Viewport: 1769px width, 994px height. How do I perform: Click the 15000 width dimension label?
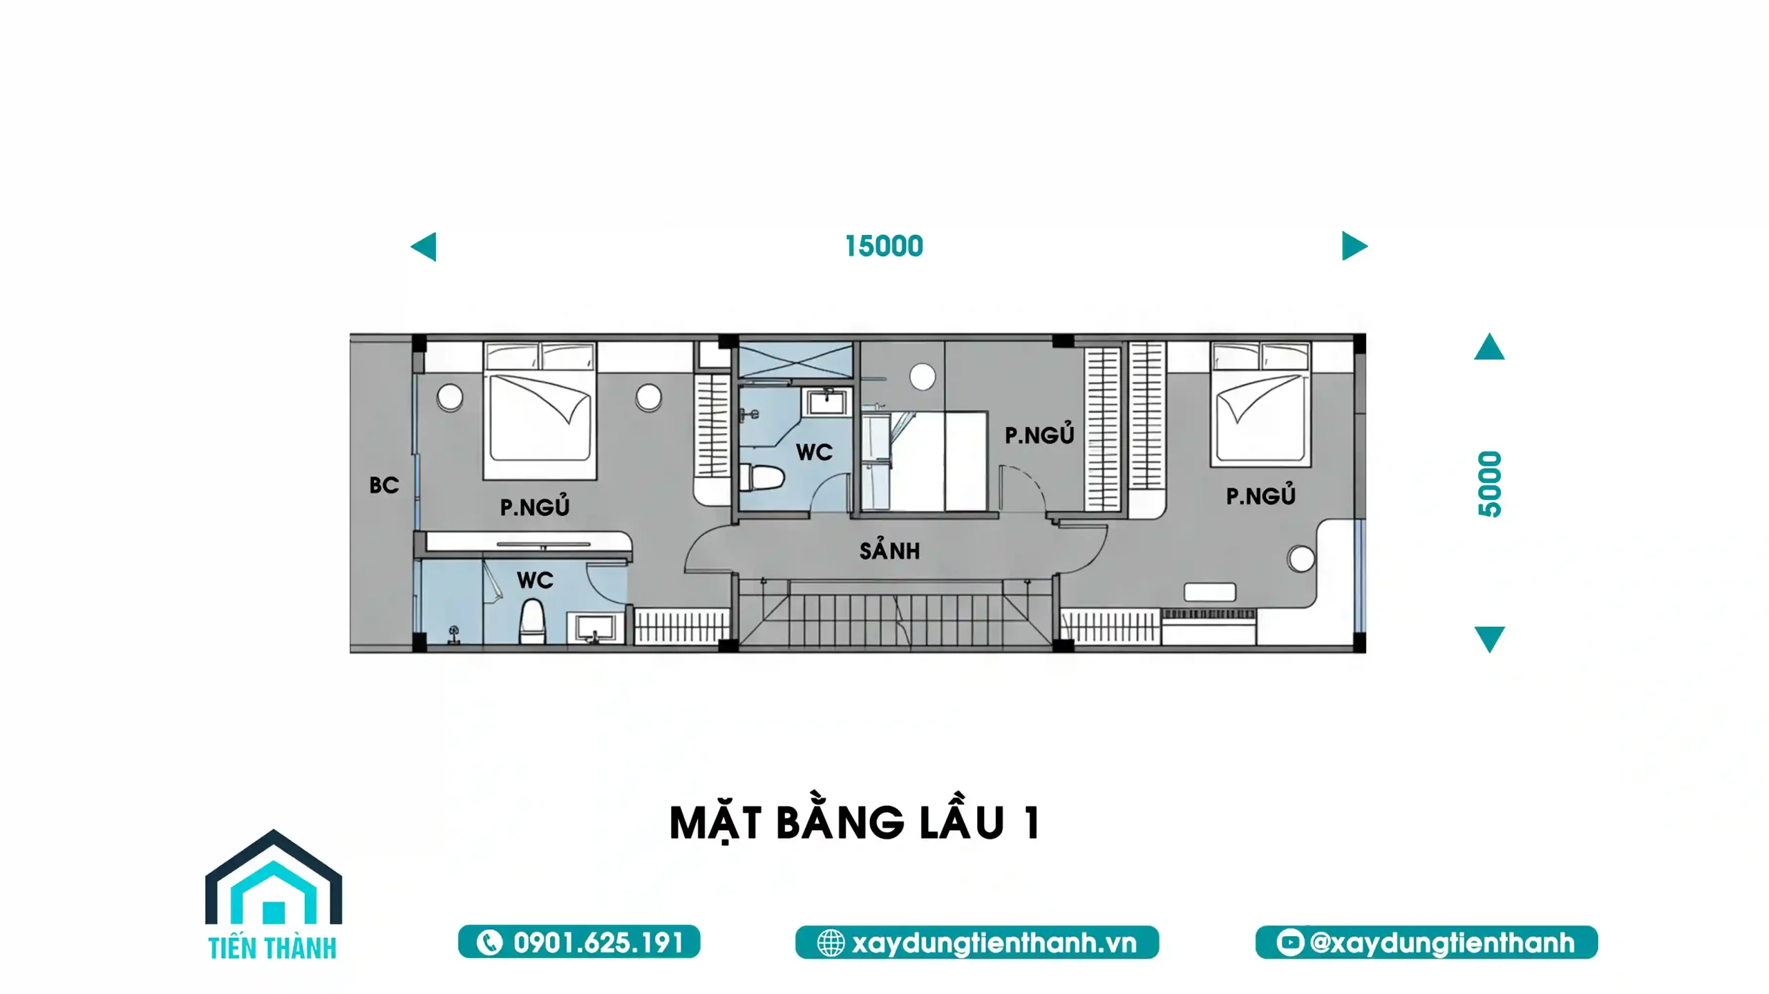(x=884, y=246)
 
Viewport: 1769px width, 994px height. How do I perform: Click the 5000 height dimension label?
(x=1490, y=484)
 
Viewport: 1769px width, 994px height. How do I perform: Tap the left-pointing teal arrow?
(x=424, y=247)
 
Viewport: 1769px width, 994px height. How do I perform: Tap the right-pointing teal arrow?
(x=1354, y=246)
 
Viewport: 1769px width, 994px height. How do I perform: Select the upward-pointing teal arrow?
(x=1489, y=347)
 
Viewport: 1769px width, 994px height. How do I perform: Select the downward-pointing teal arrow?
(x=1489, y=639)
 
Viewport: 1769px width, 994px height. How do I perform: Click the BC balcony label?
(x=384, y=485)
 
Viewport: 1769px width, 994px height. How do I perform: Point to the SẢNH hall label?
(x=889, y=550)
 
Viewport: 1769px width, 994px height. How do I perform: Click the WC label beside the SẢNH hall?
(x=814, y=452)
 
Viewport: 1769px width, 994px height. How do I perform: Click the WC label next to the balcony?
(x=535, y=580)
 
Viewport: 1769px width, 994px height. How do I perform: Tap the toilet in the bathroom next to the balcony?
(x=532, y=621)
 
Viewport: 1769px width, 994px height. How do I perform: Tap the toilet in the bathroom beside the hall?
(x=762, y=477)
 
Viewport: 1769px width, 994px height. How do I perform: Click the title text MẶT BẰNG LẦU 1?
(x=855, y=823)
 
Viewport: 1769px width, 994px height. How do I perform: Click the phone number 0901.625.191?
(x=598, y=943)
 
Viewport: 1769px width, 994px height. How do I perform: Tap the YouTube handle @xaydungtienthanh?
(x=1442, y=943)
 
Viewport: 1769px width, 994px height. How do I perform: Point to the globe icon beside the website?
(x=831, y=943)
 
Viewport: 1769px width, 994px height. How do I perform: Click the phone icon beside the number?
(x=489, y=943)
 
